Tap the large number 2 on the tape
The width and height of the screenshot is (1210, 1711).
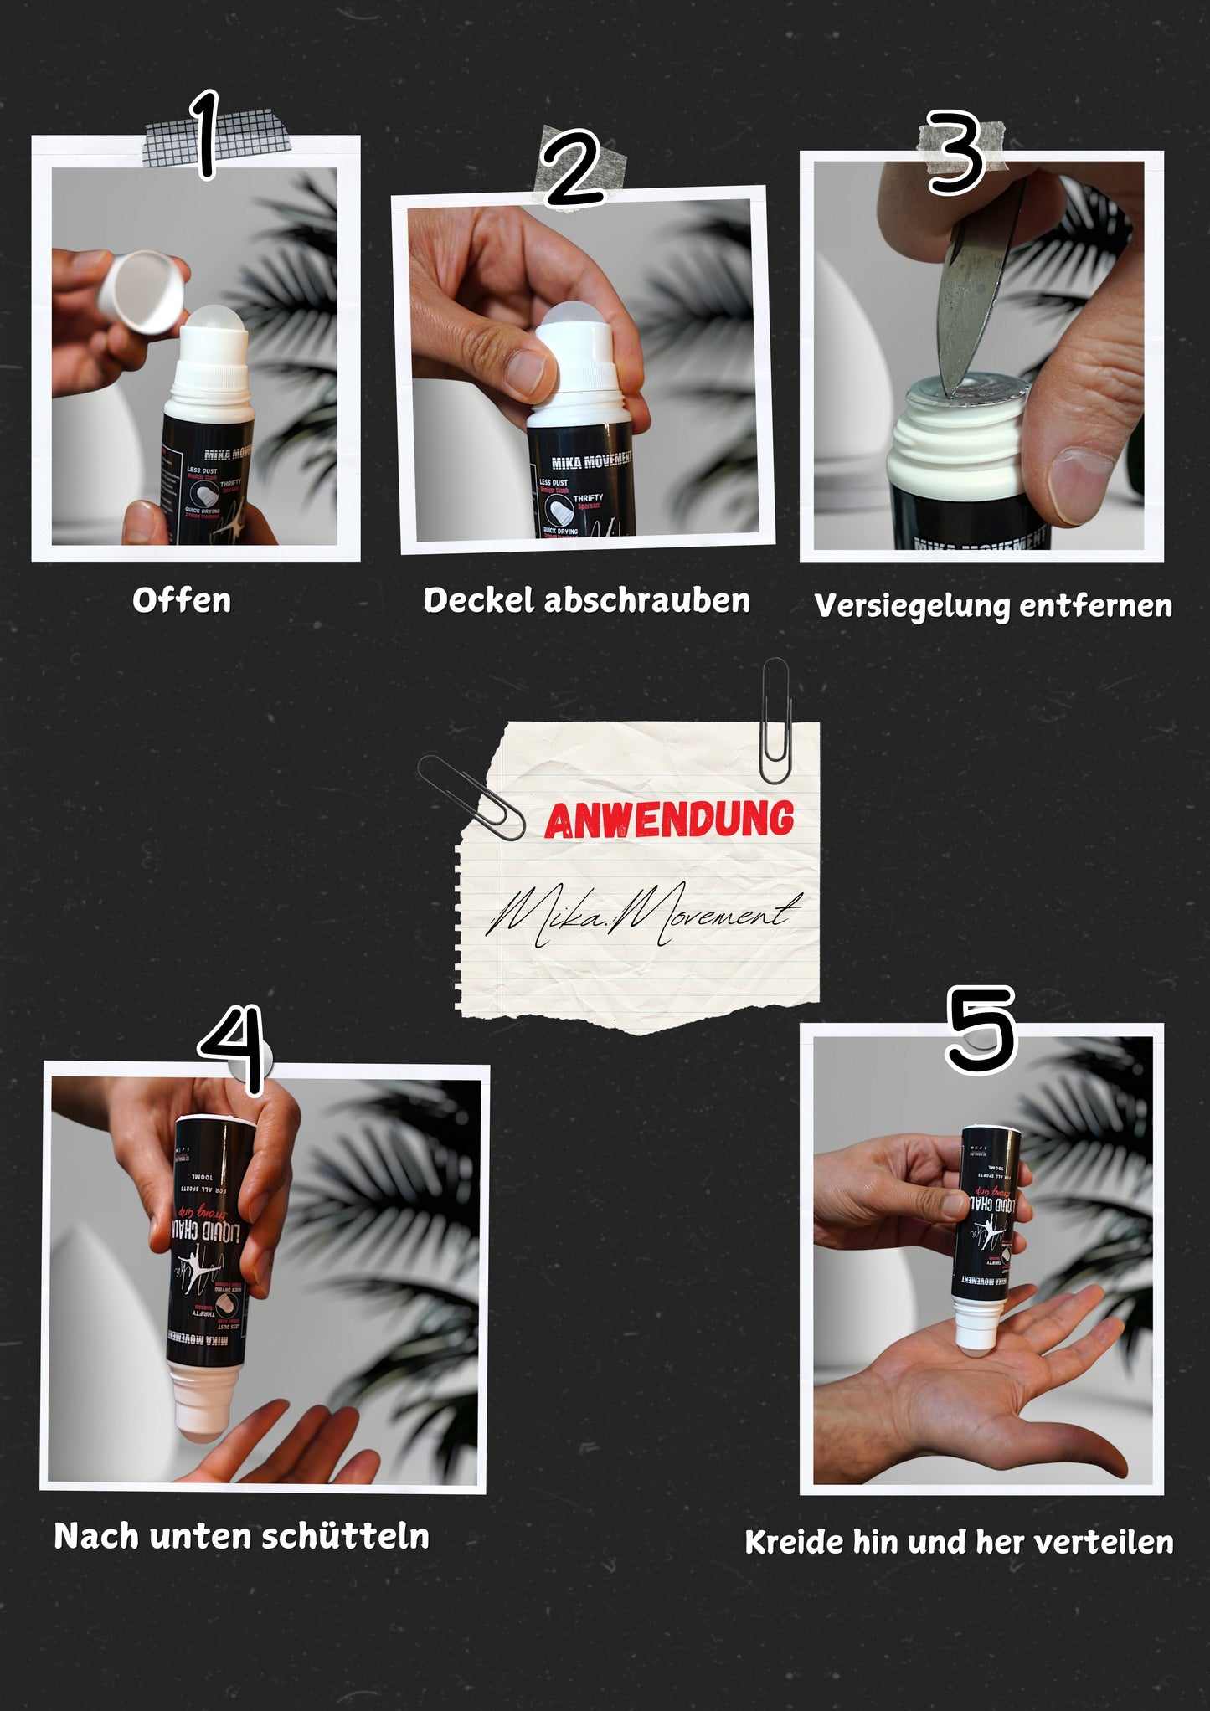(573, 170)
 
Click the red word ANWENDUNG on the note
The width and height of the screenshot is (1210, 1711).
(669, 820)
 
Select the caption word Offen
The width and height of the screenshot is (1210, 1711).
(182, 600)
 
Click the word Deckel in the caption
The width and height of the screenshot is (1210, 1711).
(478, 600)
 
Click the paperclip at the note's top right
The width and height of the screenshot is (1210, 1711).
(775, 722)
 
